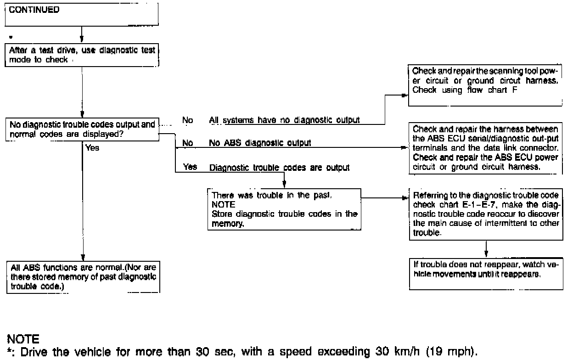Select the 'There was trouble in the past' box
tap(284, 209)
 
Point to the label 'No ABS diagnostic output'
tap(260, 143)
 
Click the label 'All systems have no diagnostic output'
tap(284, 120)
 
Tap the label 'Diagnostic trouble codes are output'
tap(279, 168)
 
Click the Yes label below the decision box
tap(92, 148)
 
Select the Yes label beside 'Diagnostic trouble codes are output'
tap(190, 167)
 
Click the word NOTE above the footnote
tap(23, 340)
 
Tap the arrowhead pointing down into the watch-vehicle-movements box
tap(486, 256)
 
